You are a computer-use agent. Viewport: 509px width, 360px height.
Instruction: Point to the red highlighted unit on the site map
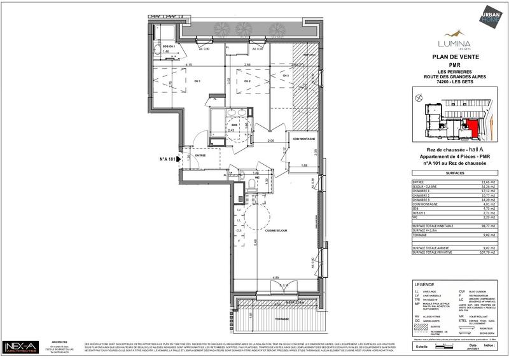(472, 127)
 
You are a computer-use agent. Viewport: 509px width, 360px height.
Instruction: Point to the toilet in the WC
(253, 185)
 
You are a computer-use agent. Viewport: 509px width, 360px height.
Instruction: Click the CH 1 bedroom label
(198, 81)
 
